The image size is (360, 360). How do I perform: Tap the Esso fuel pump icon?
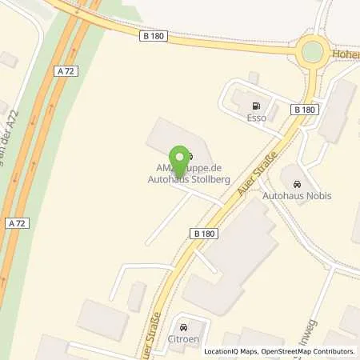point(256,106)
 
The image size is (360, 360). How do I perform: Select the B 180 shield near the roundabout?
point(303,109)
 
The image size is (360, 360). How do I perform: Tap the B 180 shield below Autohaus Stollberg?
point(205,233)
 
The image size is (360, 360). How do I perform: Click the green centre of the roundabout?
point(312,52)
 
